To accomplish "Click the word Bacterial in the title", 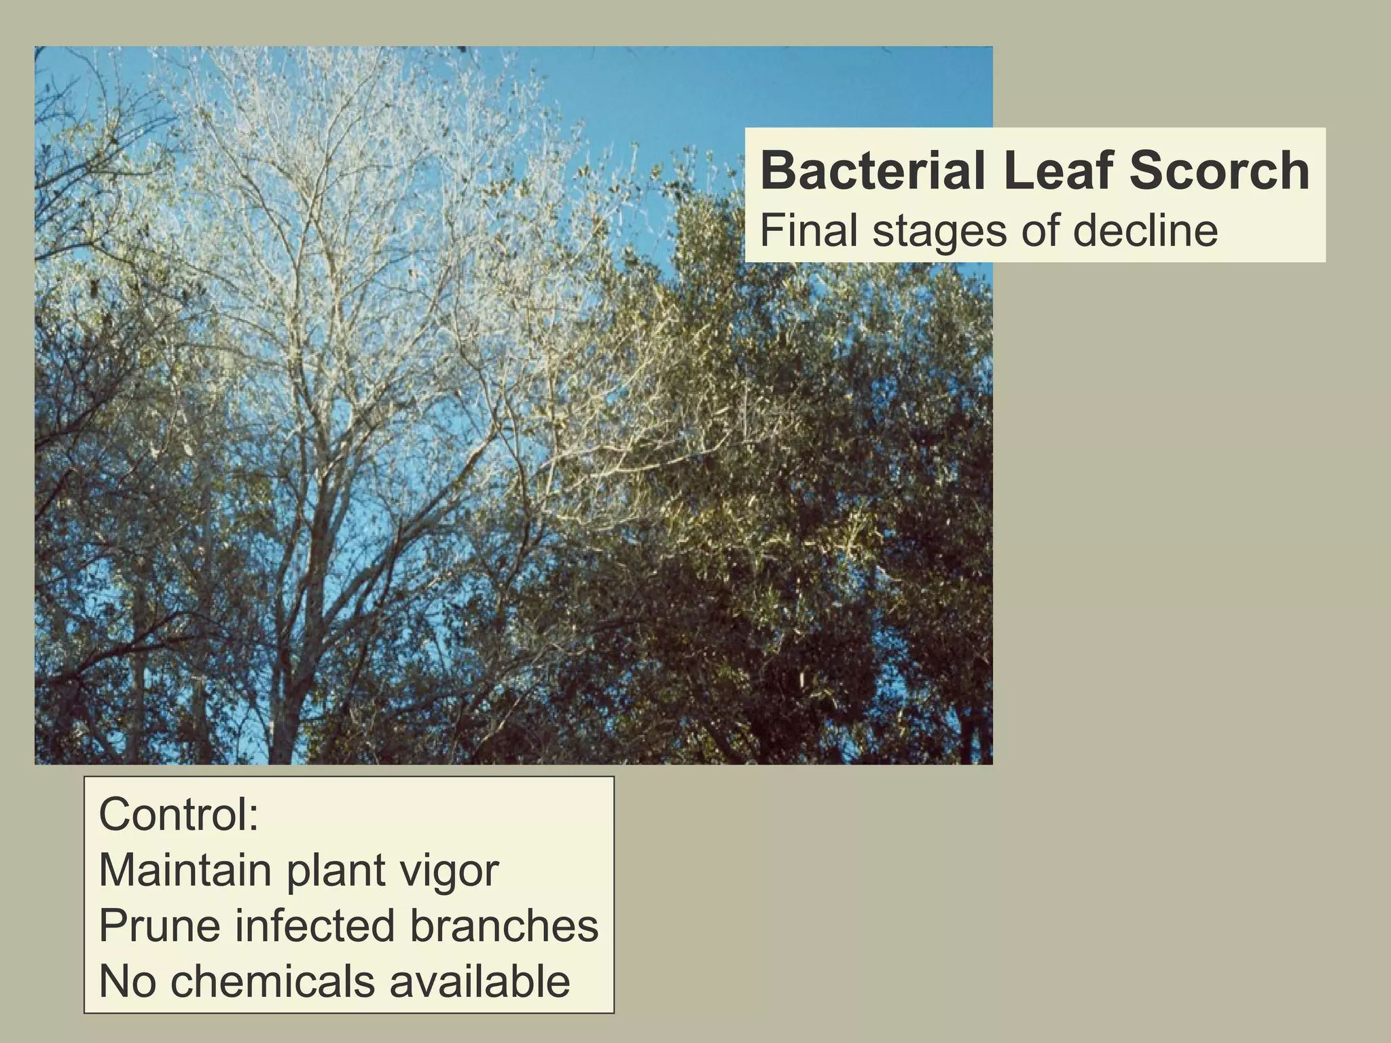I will pyautogui.click(x=872, y=172).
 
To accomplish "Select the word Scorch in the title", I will pyautogui.click(x=1219, y=172).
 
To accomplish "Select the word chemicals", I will pyautogui.click(x=272, y=982).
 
